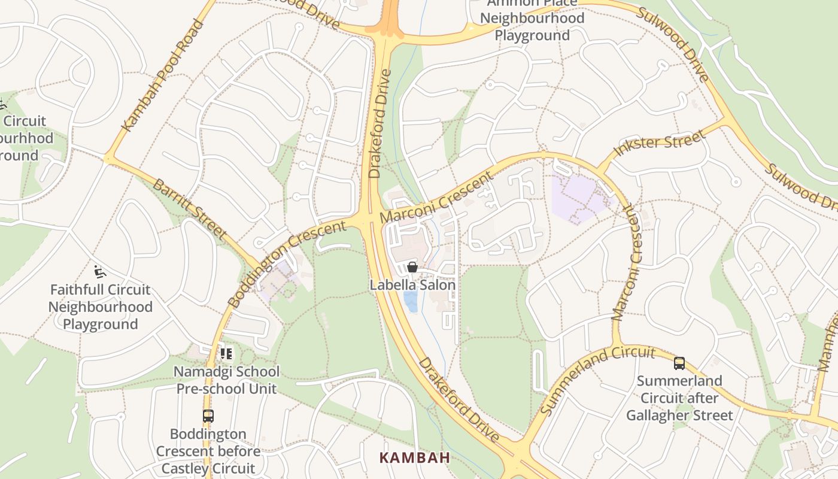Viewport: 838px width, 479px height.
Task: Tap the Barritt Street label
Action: [190, 208]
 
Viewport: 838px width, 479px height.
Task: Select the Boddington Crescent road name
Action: [288, 263]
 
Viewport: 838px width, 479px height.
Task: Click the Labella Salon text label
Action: [412, 285]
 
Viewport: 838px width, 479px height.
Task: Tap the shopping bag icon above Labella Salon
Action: [412, 267]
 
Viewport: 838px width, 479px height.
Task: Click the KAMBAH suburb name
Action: [415, 458]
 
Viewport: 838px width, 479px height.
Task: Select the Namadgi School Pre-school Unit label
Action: [226, 380]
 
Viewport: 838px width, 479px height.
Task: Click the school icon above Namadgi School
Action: [226, 354]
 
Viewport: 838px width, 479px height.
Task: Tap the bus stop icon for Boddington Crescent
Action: [208, 416]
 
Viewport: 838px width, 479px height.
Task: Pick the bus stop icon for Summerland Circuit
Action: [679, 363]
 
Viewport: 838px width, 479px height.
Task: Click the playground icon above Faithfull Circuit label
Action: [100, 272]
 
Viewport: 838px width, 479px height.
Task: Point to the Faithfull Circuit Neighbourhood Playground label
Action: [100, 307]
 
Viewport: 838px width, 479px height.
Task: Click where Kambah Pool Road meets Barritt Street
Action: [109, 159]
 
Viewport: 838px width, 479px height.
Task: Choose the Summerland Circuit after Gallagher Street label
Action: [679, 398]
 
